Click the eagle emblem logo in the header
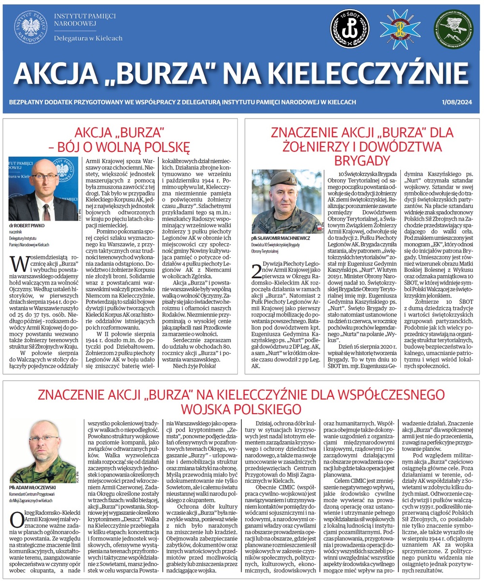tap(30, 28)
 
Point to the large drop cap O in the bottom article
tap(15, 522)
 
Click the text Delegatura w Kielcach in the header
tap(88, 38)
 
